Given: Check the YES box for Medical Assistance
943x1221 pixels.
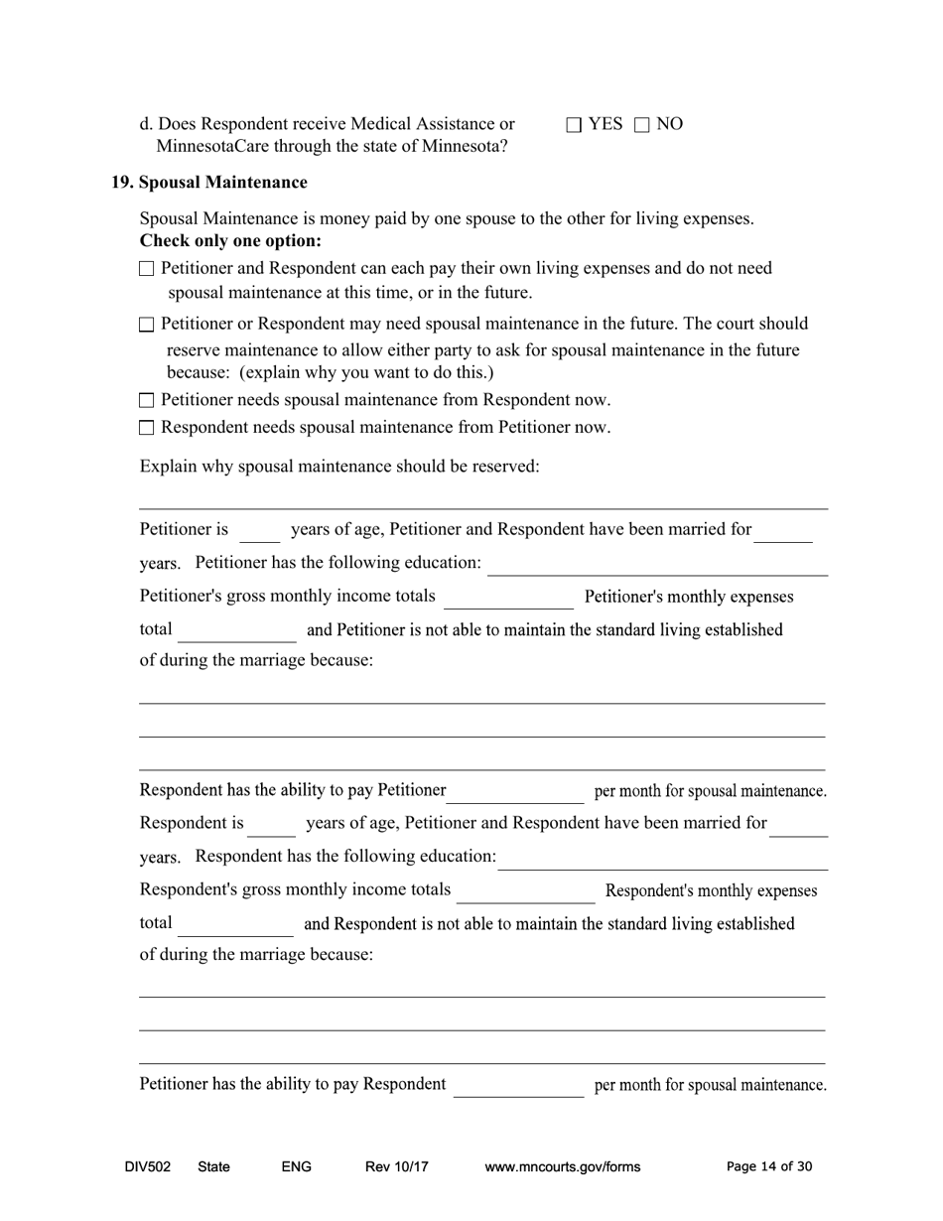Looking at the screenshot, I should (574, 125).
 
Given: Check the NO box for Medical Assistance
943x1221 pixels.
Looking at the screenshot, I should (641, 125).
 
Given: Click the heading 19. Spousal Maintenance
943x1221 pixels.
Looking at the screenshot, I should (208, 183).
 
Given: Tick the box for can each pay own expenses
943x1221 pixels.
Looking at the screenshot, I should (147, 269).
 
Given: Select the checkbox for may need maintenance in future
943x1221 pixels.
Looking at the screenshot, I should (147, 325).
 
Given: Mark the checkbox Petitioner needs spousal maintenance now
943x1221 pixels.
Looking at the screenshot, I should (147, 401).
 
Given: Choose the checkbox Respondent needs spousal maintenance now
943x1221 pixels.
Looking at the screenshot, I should (147, 428).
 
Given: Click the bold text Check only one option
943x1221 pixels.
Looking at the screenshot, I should (230, 241).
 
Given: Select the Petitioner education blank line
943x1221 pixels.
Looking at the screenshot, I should (657, 566).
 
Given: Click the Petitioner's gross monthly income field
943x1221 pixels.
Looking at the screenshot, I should (508, 600).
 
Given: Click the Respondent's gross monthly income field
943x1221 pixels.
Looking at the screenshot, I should (525, 893).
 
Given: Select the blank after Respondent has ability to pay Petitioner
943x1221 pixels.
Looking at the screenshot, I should (515, 793).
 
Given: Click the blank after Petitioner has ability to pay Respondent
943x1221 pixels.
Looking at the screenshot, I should (518, 1087).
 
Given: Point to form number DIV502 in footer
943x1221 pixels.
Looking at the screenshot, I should (148, 1167).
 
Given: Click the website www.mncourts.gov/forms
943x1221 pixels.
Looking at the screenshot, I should (562, 1167).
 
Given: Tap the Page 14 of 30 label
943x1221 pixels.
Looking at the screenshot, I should (769, 1167).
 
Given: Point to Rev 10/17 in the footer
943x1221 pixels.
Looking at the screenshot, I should (396, 1167).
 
